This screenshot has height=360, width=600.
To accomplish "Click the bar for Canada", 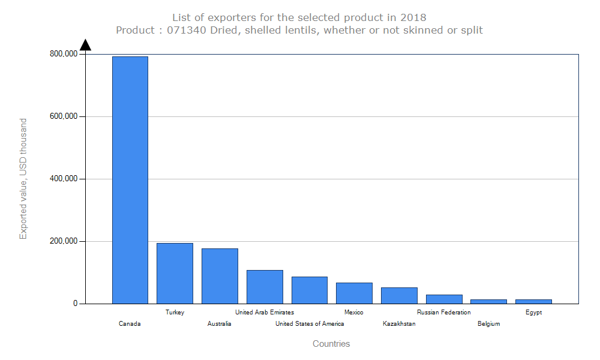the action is coord(130,180).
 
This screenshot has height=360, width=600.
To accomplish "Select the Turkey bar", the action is coord(175,274).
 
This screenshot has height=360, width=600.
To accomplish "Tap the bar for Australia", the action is coord(220,276).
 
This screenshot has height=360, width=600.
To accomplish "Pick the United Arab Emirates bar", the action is coord(265,287).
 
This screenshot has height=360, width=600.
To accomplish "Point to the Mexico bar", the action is coord(355,293).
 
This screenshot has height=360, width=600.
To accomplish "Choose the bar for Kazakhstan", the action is coord(399,296).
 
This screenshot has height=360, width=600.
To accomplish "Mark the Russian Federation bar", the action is coord(444,299).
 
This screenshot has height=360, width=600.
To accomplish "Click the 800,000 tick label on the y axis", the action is coord(64,54).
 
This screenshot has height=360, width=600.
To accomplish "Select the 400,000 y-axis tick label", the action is coord(64,179).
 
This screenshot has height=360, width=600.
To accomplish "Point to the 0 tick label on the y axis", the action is coord(76,304).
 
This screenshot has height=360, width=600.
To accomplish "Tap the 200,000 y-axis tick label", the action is coord(64,241).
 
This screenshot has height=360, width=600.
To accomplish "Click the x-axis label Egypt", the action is coord(533,313).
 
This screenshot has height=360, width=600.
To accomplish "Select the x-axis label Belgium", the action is coord(488,323).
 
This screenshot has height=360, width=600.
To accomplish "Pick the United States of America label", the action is coord(310,323).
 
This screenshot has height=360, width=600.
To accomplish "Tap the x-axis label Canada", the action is coord(130,323).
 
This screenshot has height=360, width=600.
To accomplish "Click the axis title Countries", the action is coord(331,344).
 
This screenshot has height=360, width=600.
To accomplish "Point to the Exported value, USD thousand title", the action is coord(23,179).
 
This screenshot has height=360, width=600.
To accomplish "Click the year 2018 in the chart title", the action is coord(413,17).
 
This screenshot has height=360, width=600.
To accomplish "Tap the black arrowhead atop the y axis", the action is coord(85,45).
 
